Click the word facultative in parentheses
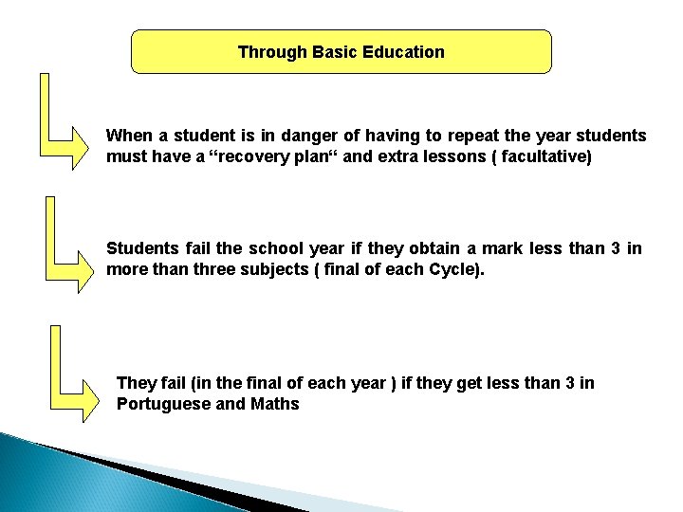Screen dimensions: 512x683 pos(541,156)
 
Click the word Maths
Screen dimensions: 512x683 pos(275,404)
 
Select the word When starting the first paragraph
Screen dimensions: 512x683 pos(128,136)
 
